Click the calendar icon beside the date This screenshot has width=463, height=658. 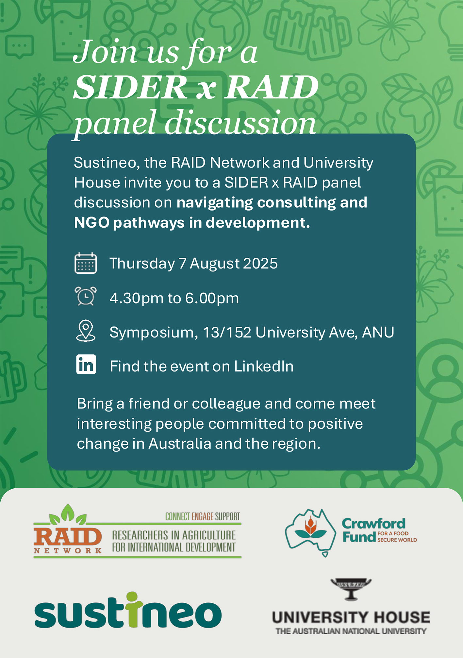coord(86,263)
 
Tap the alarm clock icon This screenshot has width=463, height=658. coord(86,296)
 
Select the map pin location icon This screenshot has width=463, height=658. coord(86,331)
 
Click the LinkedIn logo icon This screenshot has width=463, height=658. coord(86,364)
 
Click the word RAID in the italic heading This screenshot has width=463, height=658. coord(272,87)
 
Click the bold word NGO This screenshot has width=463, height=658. coord(92,223)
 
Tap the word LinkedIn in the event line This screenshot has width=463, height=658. coord(264,366)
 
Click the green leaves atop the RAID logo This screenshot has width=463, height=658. coord(68,514)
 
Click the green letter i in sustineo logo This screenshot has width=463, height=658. coord(134,610)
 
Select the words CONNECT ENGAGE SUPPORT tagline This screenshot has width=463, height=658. coord(203,517)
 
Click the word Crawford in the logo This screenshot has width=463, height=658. coord(373,524)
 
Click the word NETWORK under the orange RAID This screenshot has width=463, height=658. coord(68,551)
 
